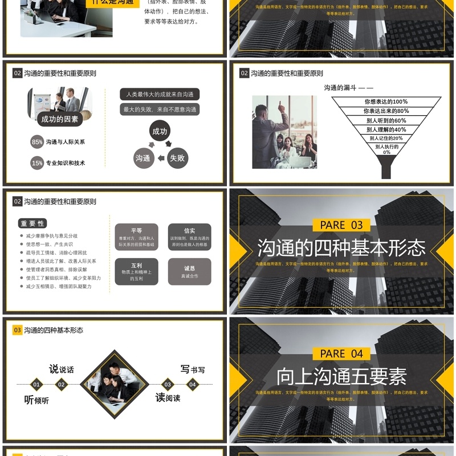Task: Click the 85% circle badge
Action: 37,142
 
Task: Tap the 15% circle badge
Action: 37,163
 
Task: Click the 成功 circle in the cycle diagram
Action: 160,131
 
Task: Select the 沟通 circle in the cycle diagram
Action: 143,158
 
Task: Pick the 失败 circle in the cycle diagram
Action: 177,158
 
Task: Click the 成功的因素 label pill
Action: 60,119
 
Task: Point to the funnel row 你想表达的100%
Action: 386,101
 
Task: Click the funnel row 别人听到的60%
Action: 386,120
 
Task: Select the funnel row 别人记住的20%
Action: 386,138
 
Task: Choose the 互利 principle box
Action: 136,272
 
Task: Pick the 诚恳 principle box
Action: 189,272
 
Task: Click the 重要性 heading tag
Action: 32,223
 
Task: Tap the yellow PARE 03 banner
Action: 341,225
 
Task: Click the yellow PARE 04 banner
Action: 341,354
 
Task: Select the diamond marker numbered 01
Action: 36,385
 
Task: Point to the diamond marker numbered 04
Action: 193,385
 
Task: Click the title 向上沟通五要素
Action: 341,377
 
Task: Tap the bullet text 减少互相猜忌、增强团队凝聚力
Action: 59,287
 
